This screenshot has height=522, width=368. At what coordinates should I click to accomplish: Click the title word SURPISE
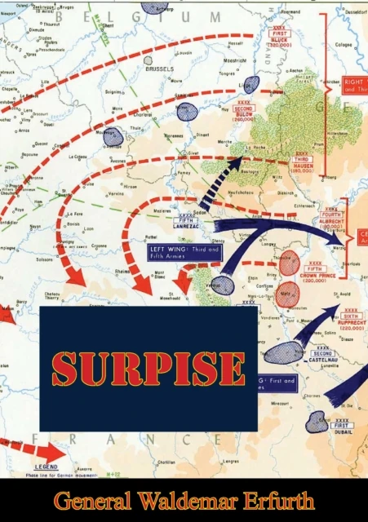[149, 369]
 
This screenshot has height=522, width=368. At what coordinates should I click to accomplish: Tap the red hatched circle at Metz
[285, 294]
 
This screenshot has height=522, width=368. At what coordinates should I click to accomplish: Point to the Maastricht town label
[236, 60]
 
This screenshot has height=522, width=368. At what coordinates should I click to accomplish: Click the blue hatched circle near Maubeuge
[113, 136]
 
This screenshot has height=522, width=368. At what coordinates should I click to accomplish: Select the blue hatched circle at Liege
[251, 84]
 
